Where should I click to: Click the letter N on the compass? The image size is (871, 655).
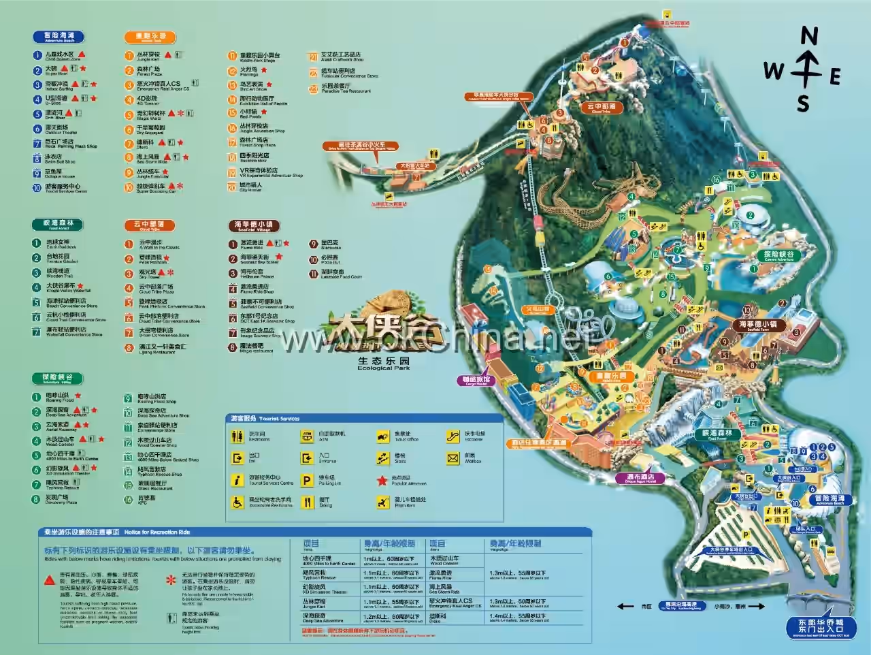coord(808,35)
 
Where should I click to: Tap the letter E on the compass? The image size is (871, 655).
coord(835,77)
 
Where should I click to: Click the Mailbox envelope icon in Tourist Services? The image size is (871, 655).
coord(453,459)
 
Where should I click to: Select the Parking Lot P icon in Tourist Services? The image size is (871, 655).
coord(308,481)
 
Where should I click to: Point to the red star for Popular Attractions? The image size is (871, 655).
coord(382,481)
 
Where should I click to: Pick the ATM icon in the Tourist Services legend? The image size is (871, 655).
coord(308,436)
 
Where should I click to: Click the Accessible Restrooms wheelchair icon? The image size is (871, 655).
coord(237,502)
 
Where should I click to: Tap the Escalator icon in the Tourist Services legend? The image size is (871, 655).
coord(453,436)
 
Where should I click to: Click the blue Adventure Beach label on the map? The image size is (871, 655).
coord(829,500)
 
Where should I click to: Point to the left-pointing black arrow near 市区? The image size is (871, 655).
coord(625,606)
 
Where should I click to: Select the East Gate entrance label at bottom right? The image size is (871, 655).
coord(820,626)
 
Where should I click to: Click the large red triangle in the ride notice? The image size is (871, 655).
coord(49,580)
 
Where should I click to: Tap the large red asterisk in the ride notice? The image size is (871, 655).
coord(171,581)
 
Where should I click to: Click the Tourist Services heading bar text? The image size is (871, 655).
coord(265,418)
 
